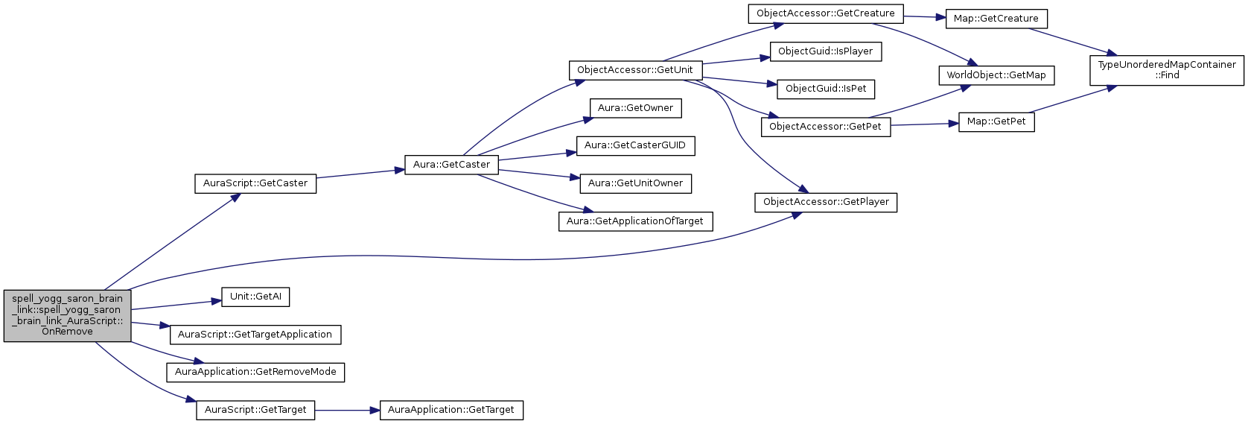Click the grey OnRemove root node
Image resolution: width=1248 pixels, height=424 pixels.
(67, 315)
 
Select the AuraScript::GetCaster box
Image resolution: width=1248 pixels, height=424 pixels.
(255, 183)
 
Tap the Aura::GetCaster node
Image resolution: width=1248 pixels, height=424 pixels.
(451, 165)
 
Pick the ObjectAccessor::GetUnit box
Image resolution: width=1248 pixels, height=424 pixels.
(634, 70)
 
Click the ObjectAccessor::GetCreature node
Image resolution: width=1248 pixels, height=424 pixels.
(825, 13)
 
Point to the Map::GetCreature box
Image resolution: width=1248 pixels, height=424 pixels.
(996, 19)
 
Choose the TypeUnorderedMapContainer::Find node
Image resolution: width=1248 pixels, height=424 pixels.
(1166, 70)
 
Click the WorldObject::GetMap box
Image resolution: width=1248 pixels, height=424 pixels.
(996, 75)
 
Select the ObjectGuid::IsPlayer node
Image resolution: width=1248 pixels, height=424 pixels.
(825, 51)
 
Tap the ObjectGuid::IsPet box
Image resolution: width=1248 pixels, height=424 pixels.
(825, 89)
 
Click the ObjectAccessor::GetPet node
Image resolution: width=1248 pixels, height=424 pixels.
(825, 127)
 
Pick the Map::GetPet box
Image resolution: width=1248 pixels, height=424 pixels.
(996, 121)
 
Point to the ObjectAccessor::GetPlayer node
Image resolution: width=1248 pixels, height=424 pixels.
(826, 202)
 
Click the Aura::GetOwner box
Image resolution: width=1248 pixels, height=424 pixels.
(635, 108)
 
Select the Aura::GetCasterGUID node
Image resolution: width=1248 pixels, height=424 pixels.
(635, 145)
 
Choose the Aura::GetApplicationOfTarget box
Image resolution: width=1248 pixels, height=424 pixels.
(635, 221)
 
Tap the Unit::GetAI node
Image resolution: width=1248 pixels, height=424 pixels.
(255, 297)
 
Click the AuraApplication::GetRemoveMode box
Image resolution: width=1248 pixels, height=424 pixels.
(255, 372)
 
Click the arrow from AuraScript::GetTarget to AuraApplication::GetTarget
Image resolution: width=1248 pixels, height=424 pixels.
(347, 411)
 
